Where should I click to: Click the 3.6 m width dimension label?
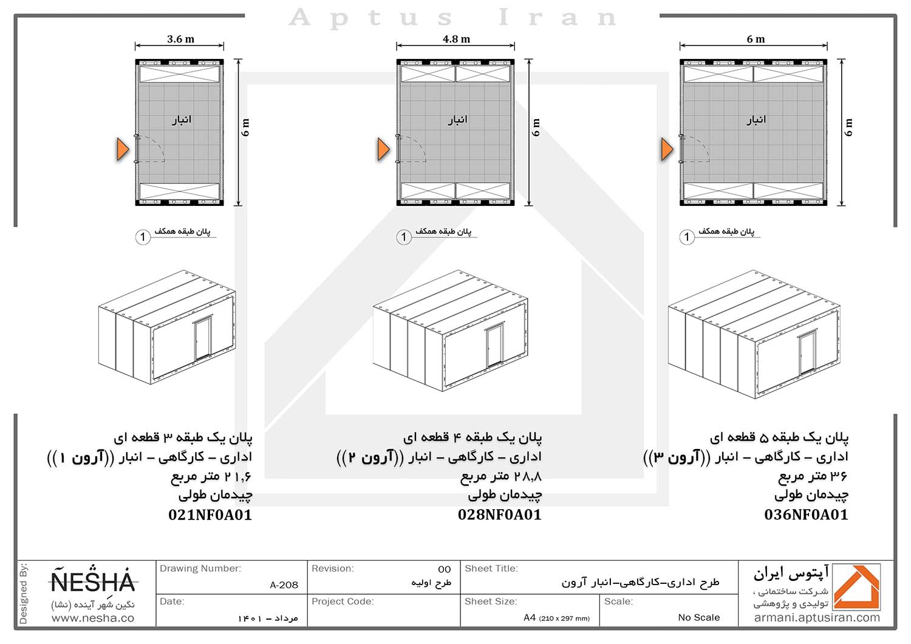(x=180, y=39)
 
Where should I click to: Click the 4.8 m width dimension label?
(x=456, y=39)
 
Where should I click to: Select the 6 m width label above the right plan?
(x=756, y=39)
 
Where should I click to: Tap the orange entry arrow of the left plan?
(x=123, y=149)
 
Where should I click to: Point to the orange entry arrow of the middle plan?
(x=383, y=149)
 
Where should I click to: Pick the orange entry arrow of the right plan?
(x=667, y=149)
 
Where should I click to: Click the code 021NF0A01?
(x=210, y=515)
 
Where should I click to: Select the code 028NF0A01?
(x=499, y=515)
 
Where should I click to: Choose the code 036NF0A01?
(x=806, y=515)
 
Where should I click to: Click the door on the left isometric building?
(x=202, y=338)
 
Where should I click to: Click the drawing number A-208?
(x=284, y=585)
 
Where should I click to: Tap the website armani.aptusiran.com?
(x=817, y=618)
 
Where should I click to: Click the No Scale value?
(x=698, y=617)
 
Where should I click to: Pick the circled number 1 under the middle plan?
(x=404, y=237)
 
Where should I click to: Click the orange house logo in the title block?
(x=857, y=587)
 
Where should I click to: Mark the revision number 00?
(x=445, y=569)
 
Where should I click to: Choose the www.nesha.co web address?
(x=93, y=618)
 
